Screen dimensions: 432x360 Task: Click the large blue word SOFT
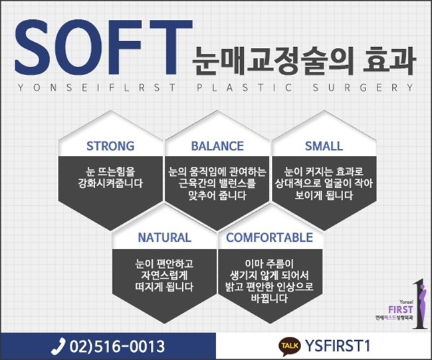[103, 47]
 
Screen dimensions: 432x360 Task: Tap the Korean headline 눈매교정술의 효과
[303, 61]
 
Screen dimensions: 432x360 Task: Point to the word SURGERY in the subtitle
[363, 88]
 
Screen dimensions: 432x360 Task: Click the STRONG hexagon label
[110, 146]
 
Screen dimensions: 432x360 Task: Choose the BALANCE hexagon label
[217, 146]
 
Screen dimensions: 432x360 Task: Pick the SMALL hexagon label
[324, 146]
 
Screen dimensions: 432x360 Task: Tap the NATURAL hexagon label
[164, 237]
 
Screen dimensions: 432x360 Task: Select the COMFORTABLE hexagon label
[269, 237]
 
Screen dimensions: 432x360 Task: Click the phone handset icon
[58, 346]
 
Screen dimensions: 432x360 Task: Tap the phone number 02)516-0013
[117, 346]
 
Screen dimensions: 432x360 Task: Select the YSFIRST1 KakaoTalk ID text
[337, 345]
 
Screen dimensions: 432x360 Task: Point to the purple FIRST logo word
[400, 310]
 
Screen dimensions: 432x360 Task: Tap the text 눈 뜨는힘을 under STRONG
[110, 171]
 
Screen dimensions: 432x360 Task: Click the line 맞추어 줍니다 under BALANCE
[217, 195]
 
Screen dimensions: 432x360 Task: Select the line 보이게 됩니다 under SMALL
[324, 195]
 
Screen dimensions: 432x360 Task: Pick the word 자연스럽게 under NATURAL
[164, 275]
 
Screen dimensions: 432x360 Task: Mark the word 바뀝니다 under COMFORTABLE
[269, 298]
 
